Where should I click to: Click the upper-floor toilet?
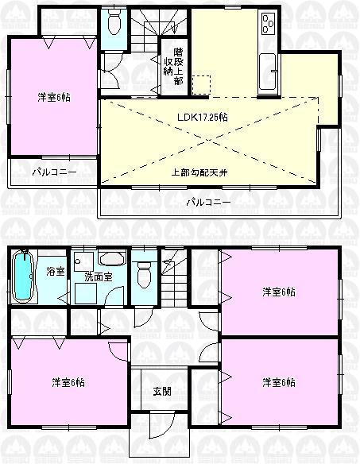click(114, 23)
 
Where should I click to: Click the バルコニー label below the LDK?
click(208, 202)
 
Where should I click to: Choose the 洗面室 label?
click(99, 277)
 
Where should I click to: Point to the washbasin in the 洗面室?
click(112, 259)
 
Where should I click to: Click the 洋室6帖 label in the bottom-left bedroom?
click(68, 382)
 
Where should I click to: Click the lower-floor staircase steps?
click(172, 278)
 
